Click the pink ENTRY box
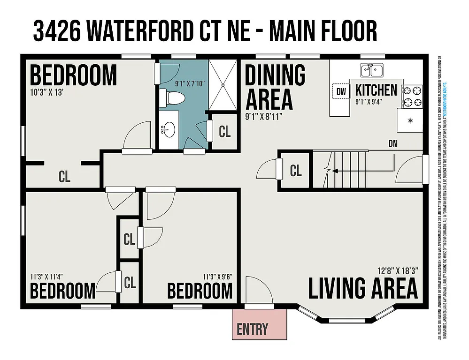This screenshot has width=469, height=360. pyautogui.click(x=259, y=324)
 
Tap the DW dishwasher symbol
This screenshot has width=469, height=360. pyautogui.click(x=341, y=92)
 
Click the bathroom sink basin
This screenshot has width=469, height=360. pyautogui.click(x=169, y=129)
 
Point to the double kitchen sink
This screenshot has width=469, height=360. pyautogui.click(x=371, y=71)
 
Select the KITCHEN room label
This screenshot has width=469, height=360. pyautogui.click(x=376, y=90)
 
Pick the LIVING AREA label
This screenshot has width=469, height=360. pyautogui.click(x=362, y=288)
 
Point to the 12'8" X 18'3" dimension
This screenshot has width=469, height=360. pyautogui.click(x=397, y=271)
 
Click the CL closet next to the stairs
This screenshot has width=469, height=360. pyautogui.click(x=296, y=171)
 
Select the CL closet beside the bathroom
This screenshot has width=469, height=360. pyautogui.click(x=225, y=132)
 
